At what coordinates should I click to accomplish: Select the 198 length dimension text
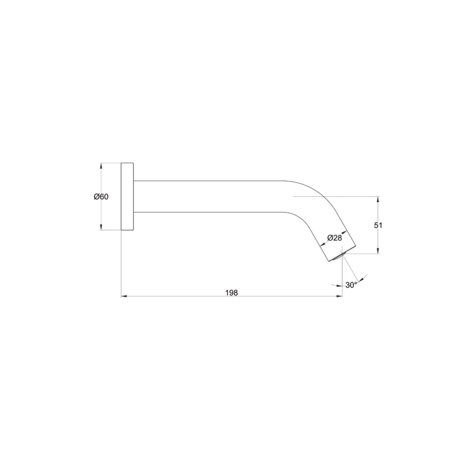click(232, 293)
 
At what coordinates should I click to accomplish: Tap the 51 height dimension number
click(378, 225)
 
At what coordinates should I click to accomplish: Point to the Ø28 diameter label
click(334, 238)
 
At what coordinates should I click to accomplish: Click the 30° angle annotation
click(351, 285)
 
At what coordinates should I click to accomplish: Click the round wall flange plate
click(127, 197)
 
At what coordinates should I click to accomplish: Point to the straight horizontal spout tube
click(209, 197)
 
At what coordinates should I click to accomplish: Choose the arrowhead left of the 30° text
click(339, 286)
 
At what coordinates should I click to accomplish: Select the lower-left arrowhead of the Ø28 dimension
click(323, 245)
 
